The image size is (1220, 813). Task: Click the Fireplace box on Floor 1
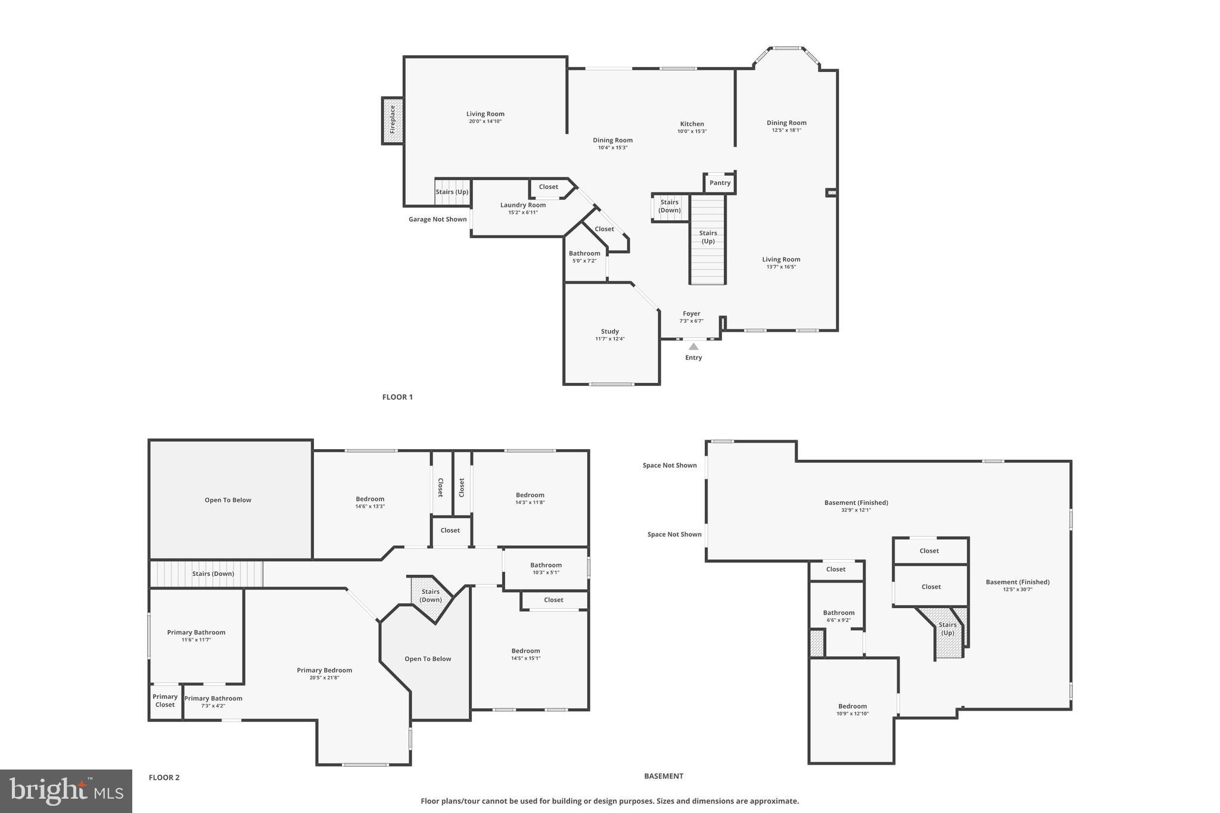pyautogui.click(x=393, y=120)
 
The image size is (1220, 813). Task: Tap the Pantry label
pyautogui.click(x=720, y=183)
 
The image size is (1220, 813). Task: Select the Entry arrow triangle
pyautogui.click(x=693, y=347)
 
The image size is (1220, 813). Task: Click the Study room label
pyautogui.click(x=609, y=332)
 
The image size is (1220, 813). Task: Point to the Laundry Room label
pyautogui.click(x=522, y=205)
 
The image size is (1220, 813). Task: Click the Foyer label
pyautogui.click(x=691, y=314)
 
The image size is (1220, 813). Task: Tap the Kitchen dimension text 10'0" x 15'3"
pyautogui.click(x=692, y=132)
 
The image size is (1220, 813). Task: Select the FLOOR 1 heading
pyautogui.click(x=397, y=397)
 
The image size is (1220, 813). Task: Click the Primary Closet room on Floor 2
pyautogui.click(x=165, y=701)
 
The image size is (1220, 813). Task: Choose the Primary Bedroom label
pyautogui.click(x=324, y=671)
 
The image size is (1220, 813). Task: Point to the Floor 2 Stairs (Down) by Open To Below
pyautogui.click(x=431, y=596)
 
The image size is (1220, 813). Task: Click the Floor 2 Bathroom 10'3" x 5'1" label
pyautogui.click(x=546, y=565)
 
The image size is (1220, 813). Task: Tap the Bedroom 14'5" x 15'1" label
pyautogui.click(x=525, y=651)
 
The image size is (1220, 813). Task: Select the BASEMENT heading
pyautogui.click(x=663, y=776)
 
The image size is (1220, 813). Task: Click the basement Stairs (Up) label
pyautogui.click(x=947, y=629)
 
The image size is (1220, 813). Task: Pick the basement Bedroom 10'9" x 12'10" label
pyautogui.click(x=852, y=706)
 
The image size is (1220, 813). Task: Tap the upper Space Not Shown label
pyautogui.click(x=670, y=466)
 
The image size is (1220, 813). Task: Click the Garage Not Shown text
pyautogui.click(x=437, y=220)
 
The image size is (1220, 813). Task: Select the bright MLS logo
pyautogui.click(x=66, y=791)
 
